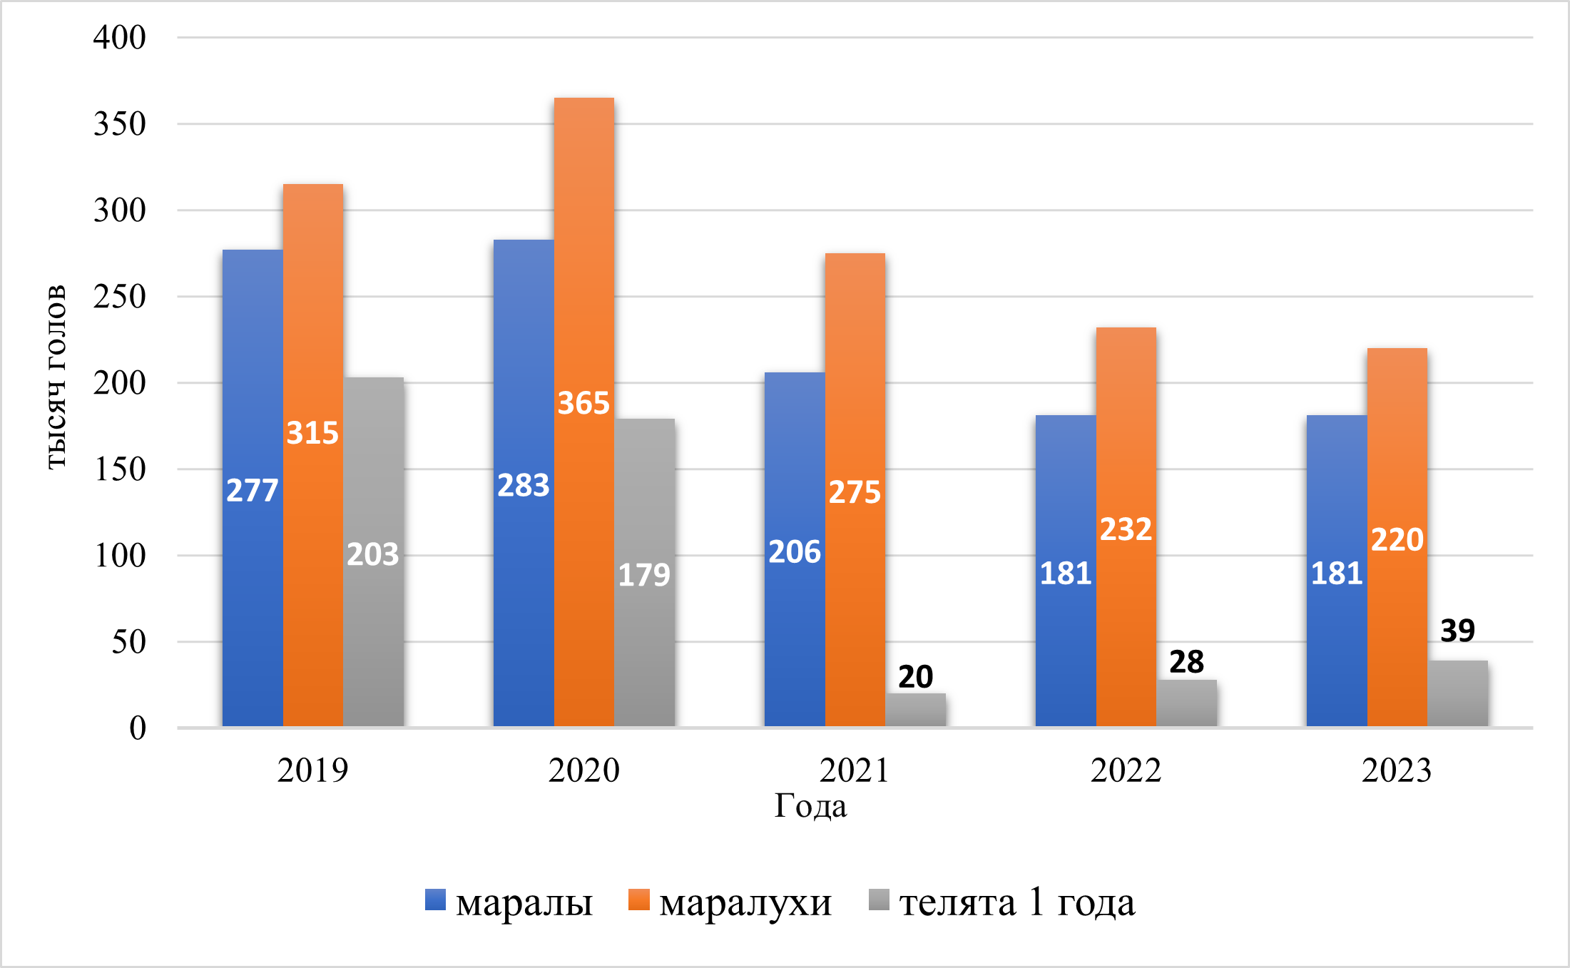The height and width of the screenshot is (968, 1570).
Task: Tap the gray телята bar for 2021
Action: [916, 710]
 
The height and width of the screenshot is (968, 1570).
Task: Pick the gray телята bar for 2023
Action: [1458, 693]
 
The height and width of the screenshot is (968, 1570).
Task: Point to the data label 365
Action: [583, 404]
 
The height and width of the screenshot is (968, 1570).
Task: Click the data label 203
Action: [373, 555]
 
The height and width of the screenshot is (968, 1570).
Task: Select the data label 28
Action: [1187, 662]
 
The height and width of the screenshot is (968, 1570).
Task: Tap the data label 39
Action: [1458, 631]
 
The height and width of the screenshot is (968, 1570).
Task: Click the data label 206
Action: [795, 552]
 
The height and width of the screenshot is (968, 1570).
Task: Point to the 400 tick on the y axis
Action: [120, 37]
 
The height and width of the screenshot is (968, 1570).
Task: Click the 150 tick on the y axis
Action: [120, 469]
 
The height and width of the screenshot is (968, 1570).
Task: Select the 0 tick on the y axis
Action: [138, 728]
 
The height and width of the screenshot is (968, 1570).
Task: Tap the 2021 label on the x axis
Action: [855, 770]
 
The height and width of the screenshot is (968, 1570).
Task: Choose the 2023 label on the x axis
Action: [1397, 770]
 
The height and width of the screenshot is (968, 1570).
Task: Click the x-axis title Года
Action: [811, 806]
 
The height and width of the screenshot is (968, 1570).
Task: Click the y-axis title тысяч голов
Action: [56, 377]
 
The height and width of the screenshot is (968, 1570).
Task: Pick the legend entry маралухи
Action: [745, 903]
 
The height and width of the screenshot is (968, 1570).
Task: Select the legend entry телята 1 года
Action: [1017, 903]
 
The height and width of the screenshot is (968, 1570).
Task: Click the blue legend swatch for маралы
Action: [436, 900]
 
